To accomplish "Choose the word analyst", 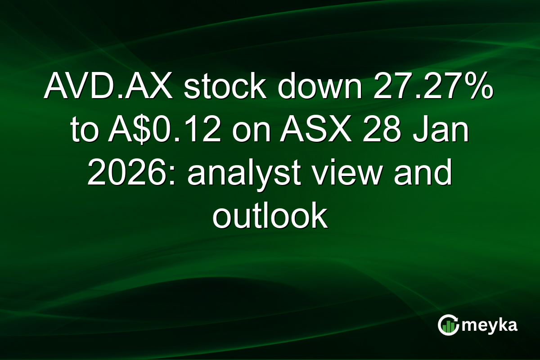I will pyautogui.click(x=241, y=174).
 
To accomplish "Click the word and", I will pyautogui.click(x=423, y=174).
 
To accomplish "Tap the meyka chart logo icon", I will pyautogui.click(x=447, y=325).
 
